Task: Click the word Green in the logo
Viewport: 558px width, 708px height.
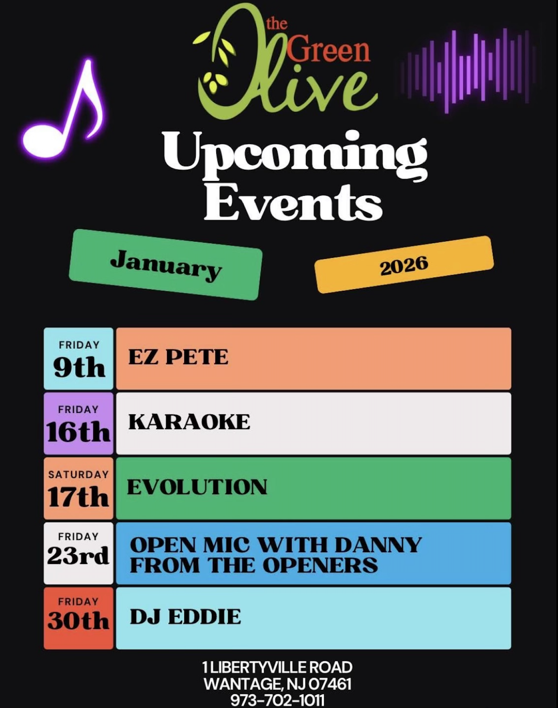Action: [x=328, y=50]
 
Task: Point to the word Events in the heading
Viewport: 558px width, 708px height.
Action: [x=293, y=202]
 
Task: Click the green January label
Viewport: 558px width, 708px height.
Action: [x=166, y=264]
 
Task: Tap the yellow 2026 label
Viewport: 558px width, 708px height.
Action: [x=404, y=264]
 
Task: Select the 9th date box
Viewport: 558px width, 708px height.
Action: [x=79, y=358]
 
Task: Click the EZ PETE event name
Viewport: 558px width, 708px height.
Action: [x=178, y=357]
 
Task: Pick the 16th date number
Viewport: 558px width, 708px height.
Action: [x=78, y=432]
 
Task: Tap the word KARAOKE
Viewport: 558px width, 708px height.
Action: [x=189, y=422]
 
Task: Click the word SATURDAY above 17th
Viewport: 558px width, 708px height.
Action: [x=79, y=474]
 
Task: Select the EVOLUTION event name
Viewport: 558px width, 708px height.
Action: [x=197, y=487]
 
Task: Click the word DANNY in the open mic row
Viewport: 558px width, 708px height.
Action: [x=378, y=545]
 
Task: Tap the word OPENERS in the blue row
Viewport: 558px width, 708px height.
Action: [x=320, y=565]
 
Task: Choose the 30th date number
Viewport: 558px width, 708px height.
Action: [x=78, y=621]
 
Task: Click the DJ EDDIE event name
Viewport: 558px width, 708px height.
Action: [x=185, y=617]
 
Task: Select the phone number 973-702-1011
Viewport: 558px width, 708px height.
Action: [x=277, y=701]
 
